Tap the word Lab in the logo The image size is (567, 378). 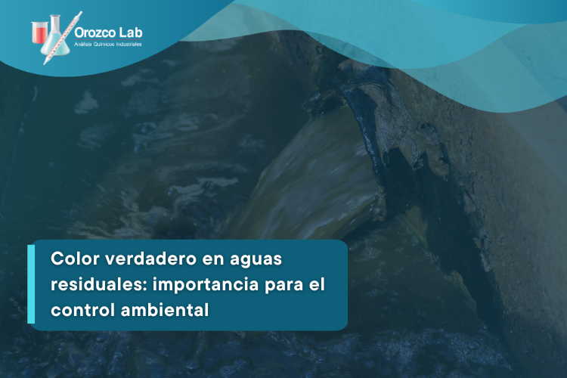tap(131, 33)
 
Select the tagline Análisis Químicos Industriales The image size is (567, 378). tap(108, 44)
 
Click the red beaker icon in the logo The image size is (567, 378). tap(39, 33)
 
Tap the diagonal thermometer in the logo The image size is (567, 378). tap(63, 38)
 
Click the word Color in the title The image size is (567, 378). tap(75, 259)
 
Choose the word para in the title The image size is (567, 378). tap(283, 286)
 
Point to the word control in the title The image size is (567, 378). tap(82, 310)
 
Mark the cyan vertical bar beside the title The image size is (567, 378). tap(31, 284)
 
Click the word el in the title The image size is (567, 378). tap(317, 284)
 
